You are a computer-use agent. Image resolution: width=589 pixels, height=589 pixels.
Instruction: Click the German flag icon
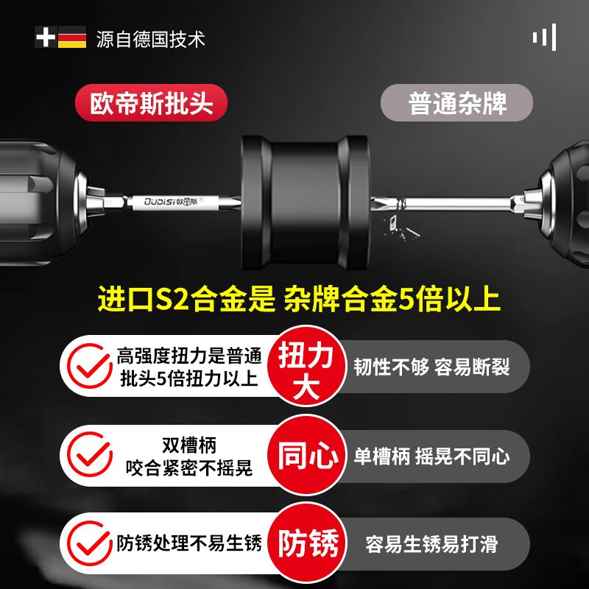pos(72,38)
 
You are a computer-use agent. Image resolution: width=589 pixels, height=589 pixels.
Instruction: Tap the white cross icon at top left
pos(46,38)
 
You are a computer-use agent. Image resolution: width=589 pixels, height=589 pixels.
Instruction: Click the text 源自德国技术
pos(150,38)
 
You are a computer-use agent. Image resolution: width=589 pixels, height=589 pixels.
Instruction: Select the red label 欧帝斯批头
pos(151,102)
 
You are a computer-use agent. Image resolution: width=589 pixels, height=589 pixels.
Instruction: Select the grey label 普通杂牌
pos(457,102)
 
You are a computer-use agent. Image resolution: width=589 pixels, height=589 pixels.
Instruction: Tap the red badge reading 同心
pos(308,456)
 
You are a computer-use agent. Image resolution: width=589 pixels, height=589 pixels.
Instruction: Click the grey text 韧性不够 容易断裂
pos(431,367)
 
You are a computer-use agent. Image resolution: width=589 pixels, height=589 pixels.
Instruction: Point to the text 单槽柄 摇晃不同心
pos(431,456)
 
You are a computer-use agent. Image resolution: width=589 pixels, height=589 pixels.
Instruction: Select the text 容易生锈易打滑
pos(431,545)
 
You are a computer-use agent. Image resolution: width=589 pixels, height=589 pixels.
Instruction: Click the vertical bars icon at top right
pos(544,37)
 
